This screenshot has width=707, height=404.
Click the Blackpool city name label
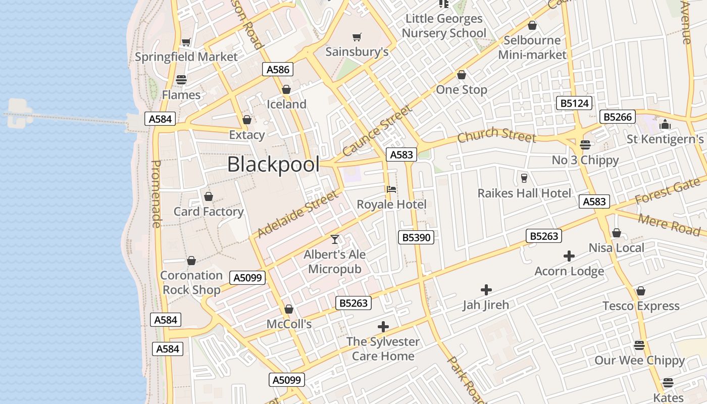click(273, 165)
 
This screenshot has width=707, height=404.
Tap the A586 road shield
click(278, 70)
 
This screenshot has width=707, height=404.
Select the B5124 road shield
click(575, 104)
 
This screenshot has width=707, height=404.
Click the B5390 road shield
click(416, 237)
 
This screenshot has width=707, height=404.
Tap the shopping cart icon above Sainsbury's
click(357, 37)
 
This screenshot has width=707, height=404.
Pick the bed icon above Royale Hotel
click(391, 189)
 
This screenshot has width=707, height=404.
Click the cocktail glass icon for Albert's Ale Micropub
click(335, 239)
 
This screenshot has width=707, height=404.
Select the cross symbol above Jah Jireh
click(486, 290)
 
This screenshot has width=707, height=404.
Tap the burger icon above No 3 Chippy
click(585, 145)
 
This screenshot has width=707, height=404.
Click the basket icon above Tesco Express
click(641, 291)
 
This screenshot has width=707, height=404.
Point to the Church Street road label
click(496, 135)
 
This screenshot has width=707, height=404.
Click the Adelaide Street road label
click(297, 214)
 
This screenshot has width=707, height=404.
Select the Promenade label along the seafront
click(157, 194)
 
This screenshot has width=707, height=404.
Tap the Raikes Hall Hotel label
click(524, 193)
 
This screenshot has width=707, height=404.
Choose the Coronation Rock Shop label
click(191, 282)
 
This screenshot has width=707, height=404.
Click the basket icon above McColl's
click(289, 309)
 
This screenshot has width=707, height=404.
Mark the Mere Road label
click(669, 225)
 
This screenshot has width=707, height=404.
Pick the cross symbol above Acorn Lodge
click(569, 257)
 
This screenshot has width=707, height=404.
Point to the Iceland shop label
click(286, 105)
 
